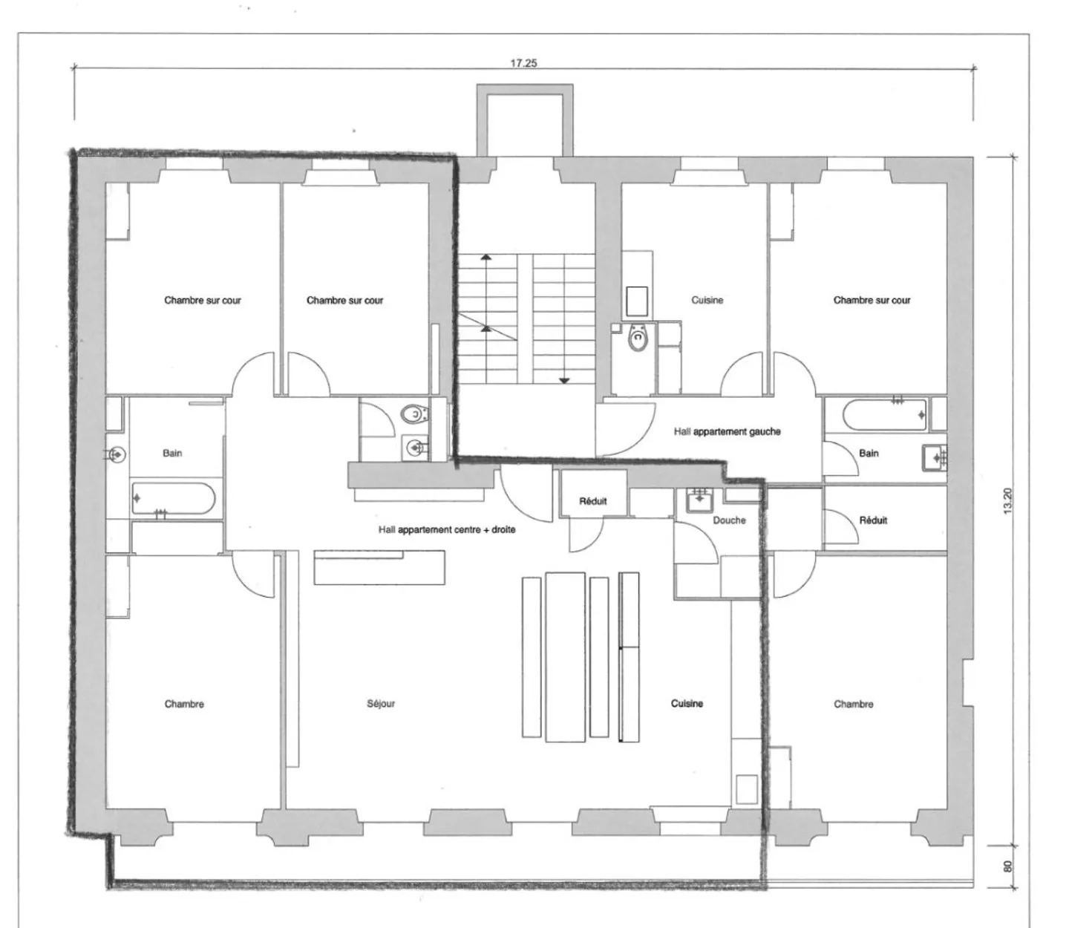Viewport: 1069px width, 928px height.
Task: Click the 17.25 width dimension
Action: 523,63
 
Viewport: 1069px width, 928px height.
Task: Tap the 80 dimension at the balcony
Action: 1007,866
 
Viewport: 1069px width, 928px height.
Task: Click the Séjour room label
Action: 381,704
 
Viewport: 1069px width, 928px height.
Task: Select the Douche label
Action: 729,520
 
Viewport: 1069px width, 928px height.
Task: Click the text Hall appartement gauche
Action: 727,431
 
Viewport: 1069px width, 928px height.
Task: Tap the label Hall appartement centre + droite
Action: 447,530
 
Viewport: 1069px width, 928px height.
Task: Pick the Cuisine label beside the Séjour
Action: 687,704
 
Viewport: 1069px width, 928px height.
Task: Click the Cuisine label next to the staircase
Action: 707,301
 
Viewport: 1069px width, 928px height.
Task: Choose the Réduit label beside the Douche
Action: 592,501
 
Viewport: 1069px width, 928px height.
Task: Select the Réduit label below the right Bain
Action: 873,520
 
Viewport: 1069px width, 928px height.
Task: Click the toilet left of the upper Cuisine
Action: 637,339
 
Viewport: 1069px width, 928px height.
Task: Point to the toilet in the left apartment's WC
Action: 412,413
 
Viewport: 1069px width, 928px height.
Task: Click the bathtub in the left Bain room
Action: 174,498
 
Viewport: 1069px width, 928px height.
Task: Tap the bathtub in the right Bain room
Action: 886,415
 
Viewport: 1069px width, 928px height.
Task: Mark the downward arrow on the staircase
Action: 564,381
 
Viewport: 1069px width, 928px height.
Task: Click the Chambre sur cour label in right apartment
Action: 872,301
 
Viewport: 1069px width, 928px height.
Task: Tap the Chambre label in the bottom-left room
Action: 184,704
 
